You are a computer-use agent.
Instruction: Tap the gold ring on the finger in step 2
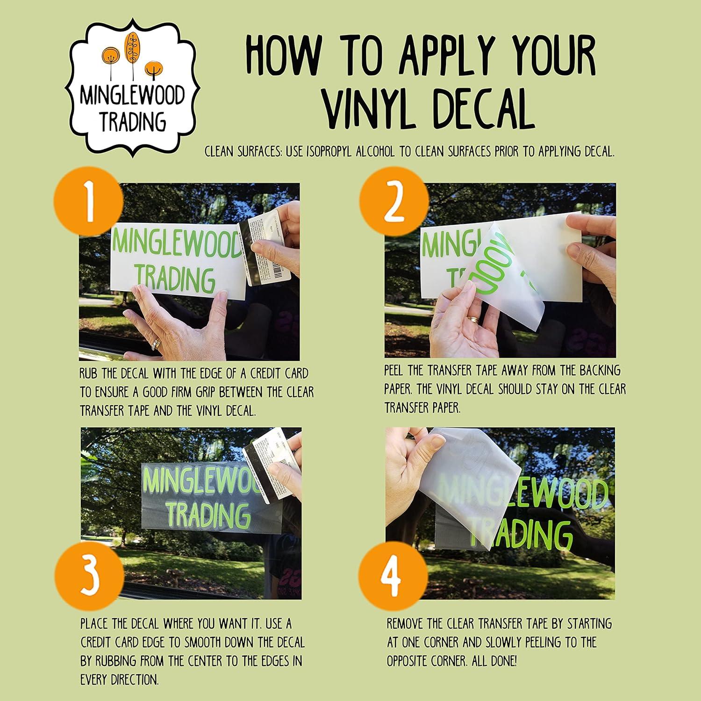473,320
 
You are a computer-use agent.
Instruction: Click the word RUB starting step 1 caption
89,374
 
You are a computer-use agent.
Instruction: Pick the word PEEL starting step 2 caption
395,371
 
